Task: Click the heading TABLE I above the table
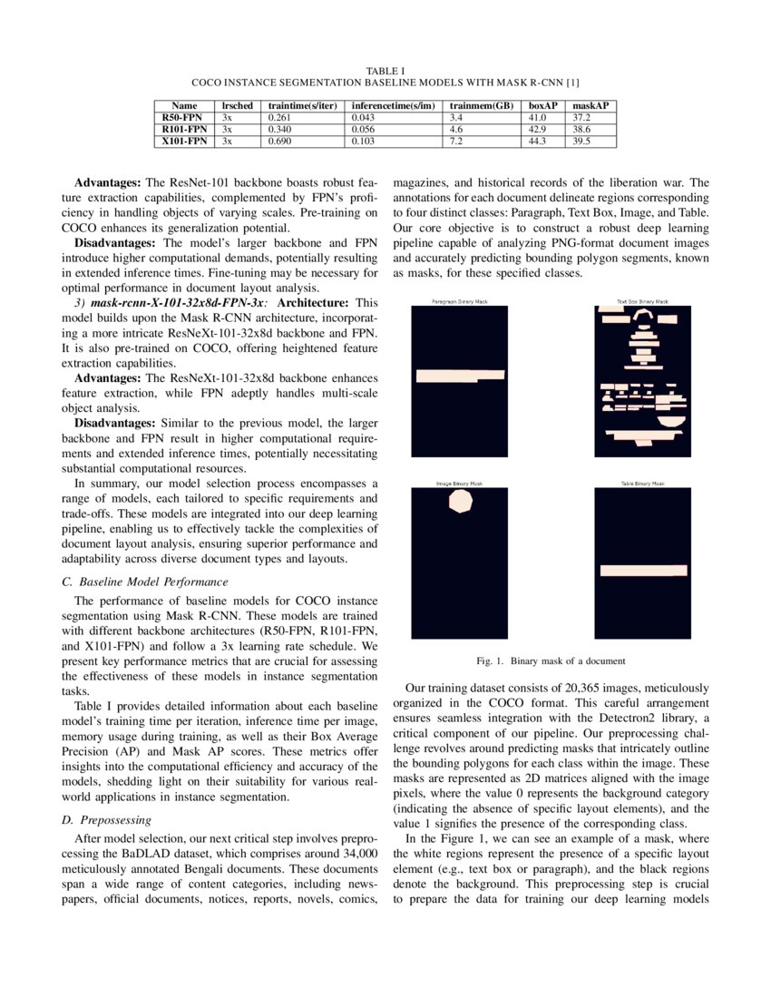coord(385,70)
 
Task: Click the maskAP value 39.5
coord(581,142)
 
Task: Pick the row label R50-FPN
coord(182,118)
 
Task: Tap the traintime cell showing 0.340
coord(281,130)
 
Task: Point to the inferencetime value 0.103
coord(364,142)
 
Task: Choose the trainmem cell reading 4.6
coord(457,130)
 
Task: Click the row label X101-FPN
coord(184,142)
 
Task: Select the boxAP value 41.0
coord(539,118)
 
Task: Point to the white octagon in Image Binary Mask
coord(462,502)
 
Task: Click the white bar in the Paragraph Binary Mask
coord(458,376)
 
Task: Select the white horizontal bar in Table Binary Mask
coord(642,570)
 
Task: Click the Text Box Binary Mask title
coord(642,301)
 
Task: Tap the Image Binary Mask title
coord(459,484)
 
